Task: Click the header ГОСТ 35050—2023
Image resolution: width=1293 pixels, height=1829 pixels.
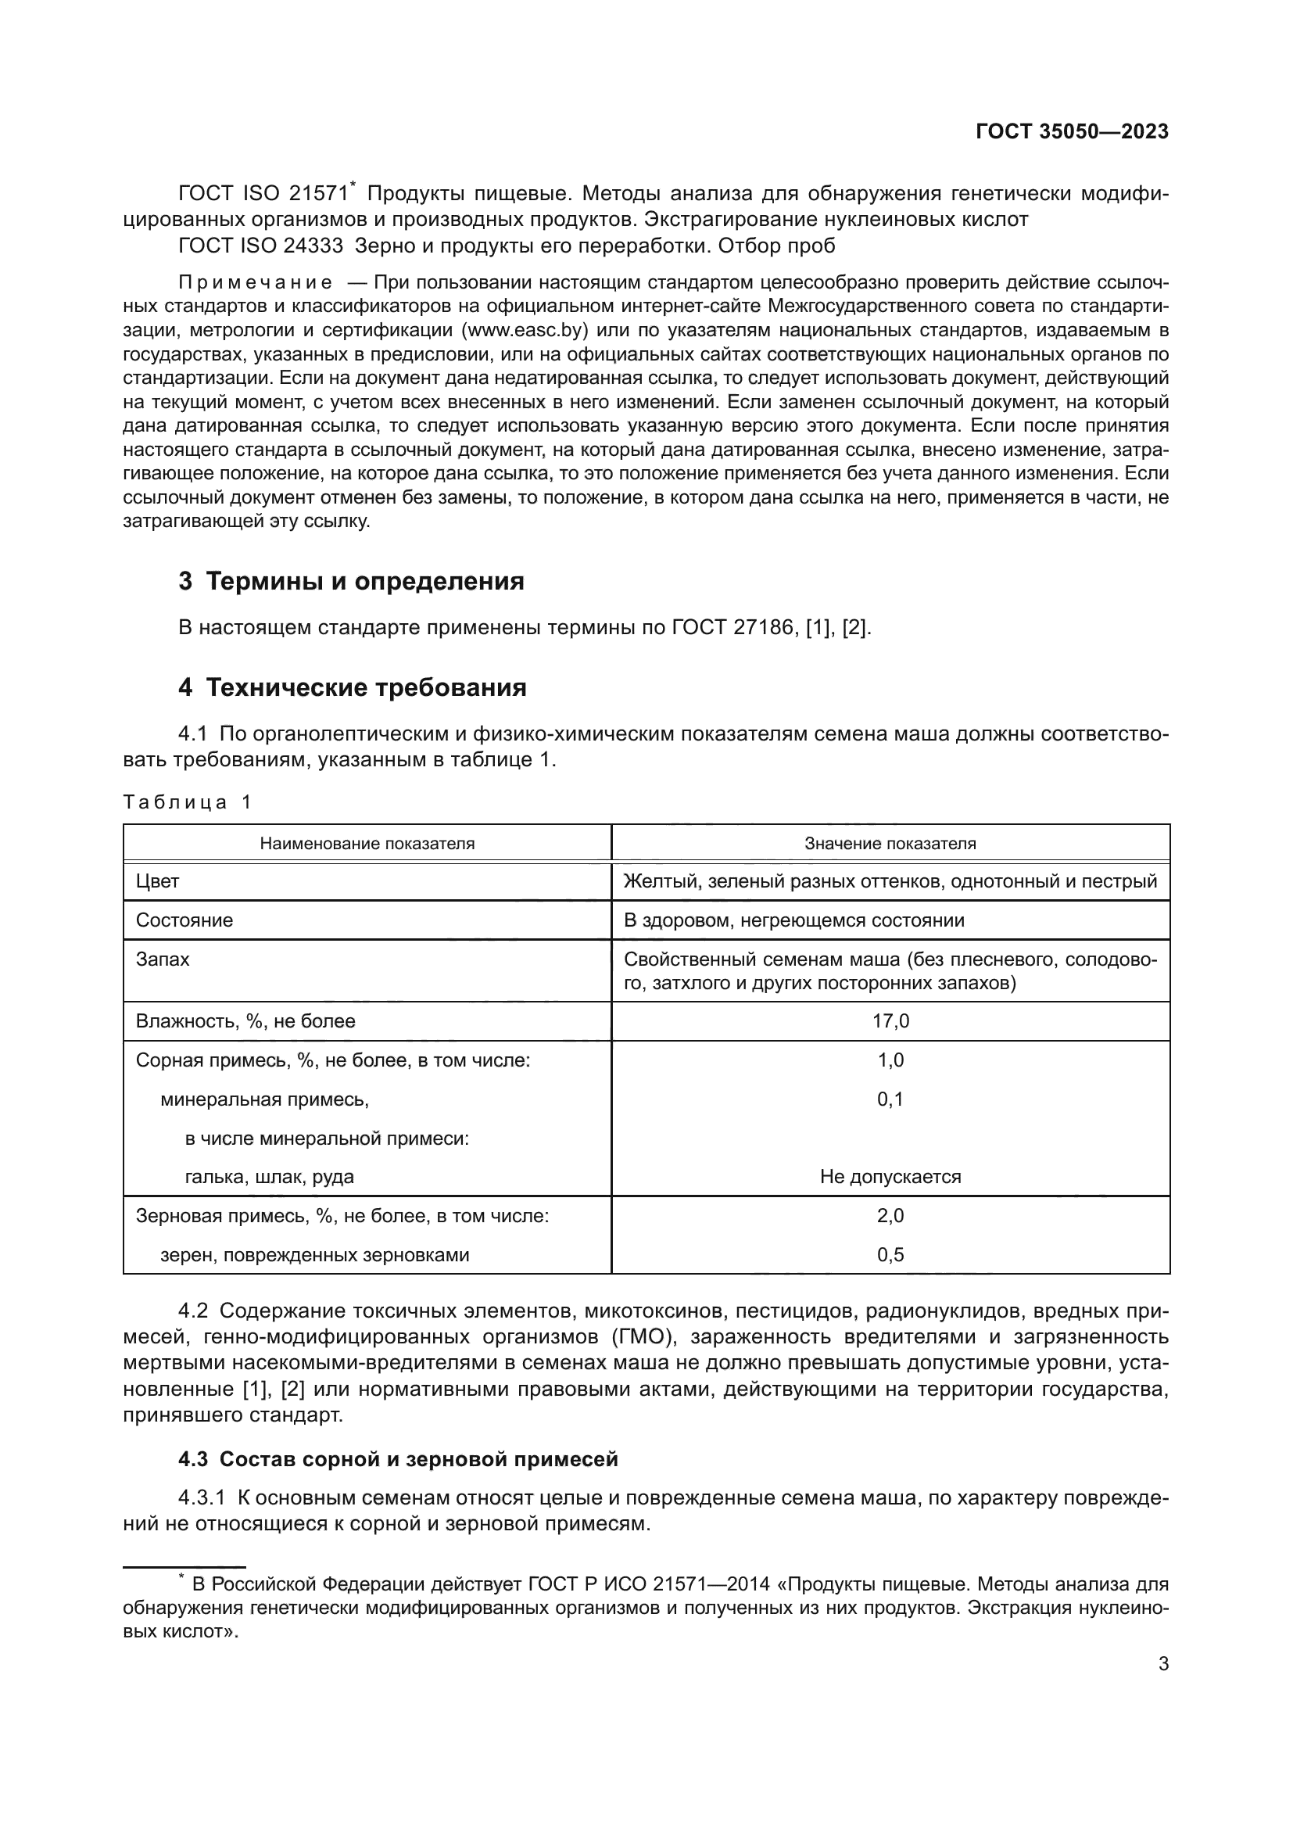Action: click(1072, 131)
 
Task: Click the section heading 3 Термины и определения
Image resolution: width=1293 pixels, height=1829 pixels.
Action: click(351, 582)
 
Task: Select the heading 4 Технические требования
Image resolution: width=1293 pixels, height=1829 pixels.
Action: click(352, 687)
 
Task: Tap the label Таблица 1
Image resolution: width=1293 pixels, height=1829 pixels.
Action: click(187, 802)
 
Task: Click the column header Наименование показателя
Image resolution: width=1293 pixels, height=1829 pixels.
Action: click(367, 844)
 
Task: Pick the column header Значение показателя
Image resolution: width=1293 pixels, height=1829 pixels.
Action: click(890, 844)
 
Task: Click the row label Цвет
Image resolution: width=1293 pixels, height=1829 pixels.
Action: click(158, 881)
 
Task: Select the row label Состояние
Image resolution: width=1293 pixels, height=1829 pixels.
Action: click(184, 920)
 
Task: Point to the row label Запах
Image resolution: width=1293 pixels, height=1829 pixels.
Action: click(163, 959)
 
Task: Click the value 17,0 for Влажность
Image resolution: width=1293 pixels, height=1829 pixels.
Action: click(890, 1021)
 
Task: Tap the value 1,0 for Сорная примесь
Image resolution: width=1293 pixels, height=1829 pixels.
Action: click(890, 1060)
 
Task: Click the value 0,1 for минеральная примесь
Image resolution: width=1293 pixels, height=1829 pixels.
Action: click(890, 1099)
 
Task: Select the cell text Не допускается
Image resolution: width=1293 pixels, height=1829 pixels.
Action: click(890, 1177)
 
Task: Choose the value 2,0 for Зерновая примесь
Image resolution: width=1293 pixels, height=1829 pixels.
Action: click(890, 1216)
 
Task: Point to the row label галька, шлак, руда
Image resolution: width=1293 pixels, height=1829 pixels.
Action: click(269, 1177)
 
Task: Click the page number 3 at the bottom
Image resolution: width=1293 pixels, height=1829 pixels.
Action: click(1163, 1664)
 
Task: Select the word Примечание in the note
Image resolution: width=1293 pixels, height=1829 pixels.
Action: click(256, 282)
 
